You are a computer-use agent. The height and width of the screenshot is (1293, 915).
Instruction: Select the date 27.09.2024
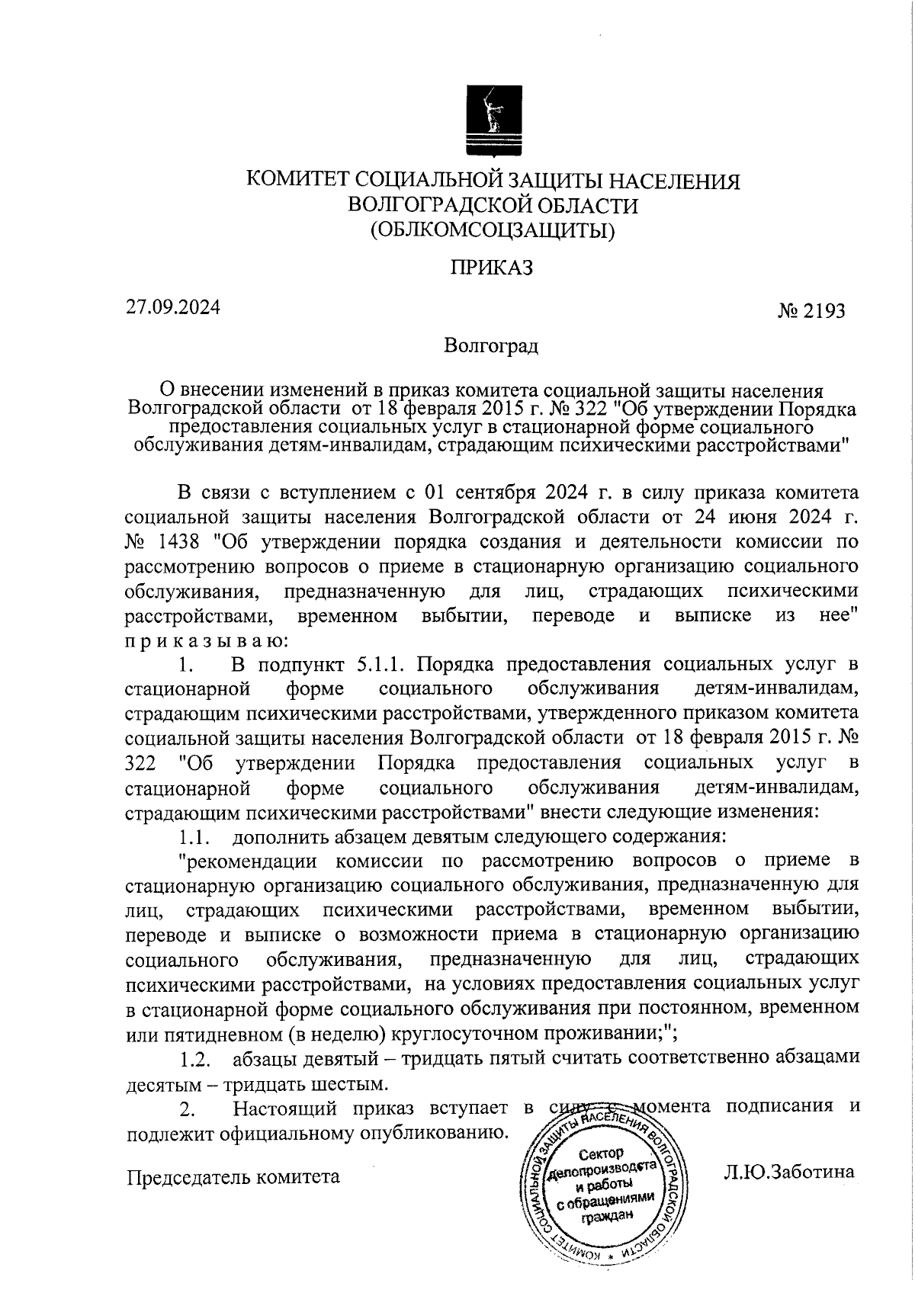point(173,308)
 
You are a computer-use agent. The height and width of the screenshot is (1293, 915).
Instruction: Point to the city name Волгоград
point(493,346)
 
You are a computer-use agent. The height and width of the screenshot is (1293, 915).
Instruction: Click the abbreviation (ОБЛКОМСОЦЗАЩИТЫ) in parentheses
point(493,229)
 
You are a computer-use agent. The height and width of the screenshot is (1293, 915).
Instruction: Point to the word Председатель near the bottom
point(189,1176)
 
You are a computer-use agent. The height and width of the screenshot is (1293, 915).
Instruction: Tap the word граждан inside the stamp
point(608,1217)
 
